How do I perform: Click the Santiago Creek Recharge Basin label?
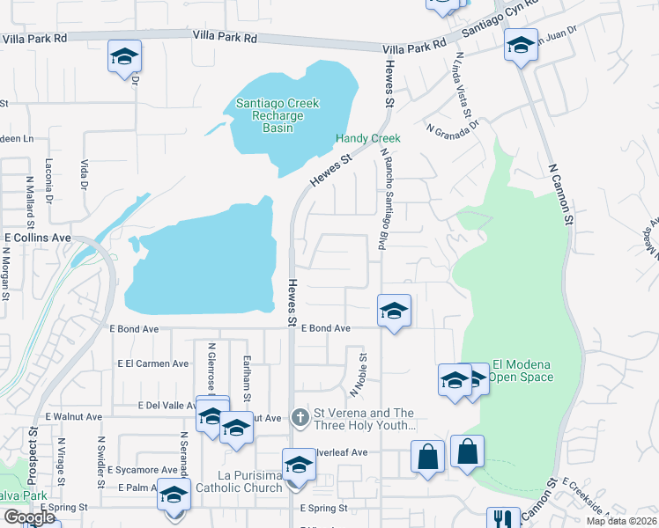coord(277,115)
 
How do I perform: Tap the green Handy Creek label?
coord(367,139)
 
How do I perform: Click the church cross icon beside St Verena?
coord(300,414)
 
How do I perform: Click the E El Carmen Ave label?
coord(152,363)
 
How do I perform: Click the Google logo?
coord(29,517)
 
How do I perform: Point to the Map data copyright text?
coord(621,521)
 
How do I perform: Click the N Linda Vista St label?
coord(463,89)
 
